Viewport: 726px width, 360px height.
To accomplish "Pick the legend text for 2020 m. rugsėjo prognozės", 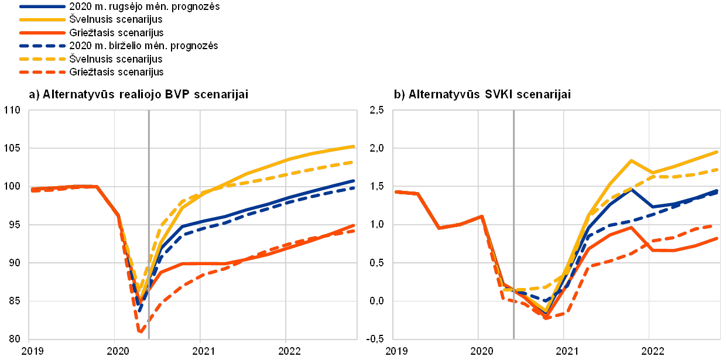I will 144,6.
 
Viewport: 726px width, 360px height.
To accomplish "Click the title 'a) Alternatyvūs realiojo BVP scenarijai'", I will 137,94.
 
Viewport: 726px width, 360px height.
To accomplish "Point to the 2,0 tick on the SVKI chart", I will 377,149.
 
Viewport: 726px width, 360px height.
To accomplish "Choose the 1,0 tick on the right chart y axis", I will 377,225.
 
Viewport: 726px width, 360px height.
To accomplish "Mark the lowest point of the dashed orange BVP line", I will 141,332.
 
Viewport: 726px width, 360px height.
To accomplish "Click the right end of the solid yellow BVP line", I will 355,146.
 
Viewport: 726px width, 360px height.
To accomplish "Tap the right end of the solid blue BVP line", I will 355,180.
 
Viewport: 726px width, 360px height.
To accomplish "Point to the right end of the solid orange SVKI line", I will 718,238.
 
